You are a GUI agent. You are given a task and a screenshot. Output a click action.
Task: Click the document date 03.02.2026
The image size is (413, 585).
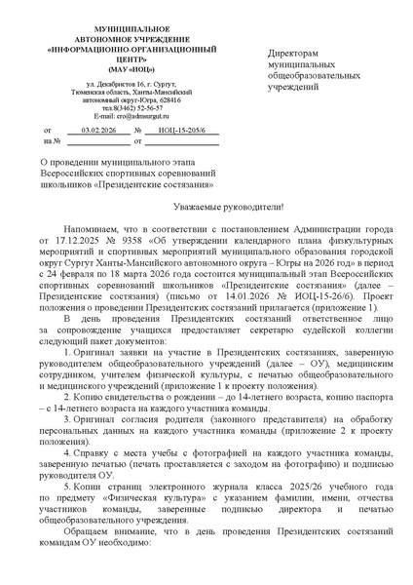[x=98, y=130]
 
